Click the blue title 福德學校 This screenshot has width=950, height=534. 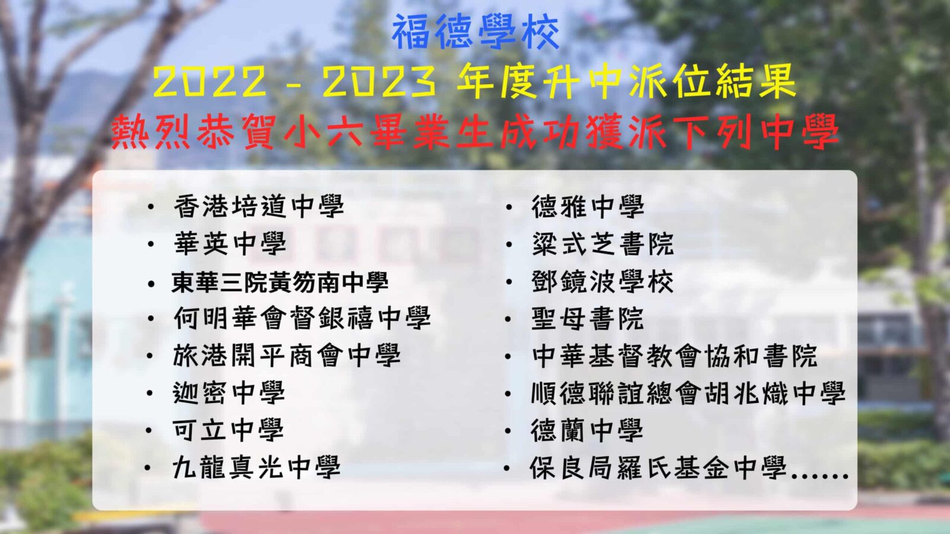(476, 32)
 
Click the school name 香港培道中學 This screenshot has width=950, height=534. (259, 206)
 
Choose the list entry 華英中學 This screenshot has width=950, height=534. (230, 244)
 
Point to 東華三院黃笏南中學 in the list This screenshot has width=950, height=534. (280, 281)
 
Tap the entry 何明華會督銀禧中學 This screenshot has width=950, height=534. (302, 318)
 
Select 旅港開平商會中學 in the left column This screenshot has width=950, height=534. (287, 355)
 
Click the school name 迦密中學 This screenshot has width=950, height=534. (229, 393)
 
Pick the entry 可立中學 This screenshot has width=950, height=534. (228, 430)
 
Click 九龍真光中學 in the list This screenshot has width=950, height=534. (256, 468)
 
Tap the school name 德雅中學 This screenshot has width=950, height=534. (588, 206)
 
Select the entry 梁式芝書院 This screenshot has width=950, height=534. (602, 244)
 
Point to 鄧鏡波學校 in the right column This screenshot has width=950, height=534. (602, 281)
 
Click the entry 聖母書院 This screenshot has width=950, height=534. (587, 318)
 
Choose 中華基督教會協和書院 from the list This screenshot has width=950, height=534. (674, 355)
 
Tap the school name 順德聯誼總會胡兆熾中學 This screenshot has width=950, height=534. (688, 393)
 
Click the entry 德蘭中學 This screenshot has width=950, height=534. (587, 430)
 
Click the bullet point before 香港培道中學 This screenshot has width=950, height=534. (151, 207)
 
